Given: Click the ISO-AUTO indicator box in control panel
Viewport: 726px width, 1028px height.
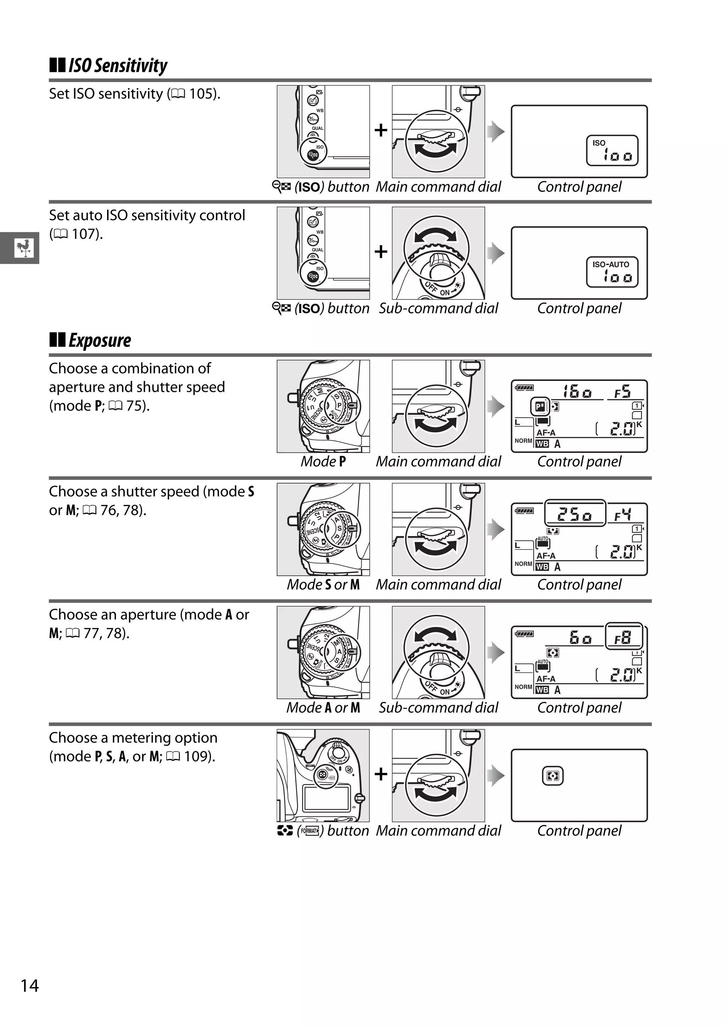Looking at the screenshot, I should (x=612, y=272).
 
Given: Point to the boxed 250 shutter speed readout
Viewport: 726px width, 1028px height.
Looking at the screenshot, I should (x=575, y=514).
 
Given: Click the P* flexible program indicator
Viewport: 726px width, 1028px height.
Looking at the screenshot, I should (x=540, y=406).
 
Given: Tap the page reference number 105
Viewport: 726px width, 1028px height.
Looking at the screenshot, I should (x=200, y=94).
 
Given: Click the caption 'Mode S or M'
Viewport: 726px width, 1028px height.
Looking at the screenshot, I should (x=323, y=585).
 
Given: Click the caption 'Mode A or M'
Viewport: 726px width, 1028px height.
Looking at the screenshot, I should (x=323, y=708).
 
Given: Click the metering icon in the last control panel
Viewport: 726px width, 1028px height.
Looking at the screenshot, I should (x=553, y=776).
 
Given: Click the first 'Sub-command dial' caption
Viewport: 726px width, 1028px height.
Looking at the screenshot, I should (x=439, y=309).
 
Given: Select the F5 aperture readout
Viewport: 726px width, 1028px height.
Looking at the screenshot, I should (x=622, y=392).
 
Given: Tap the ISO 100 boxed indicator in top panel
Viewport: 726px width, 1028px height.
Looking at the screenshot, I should (x=612, y=151).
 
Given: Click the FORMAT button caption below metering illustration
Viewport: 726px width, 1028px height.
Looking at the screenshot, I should (x=323, y=831).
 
